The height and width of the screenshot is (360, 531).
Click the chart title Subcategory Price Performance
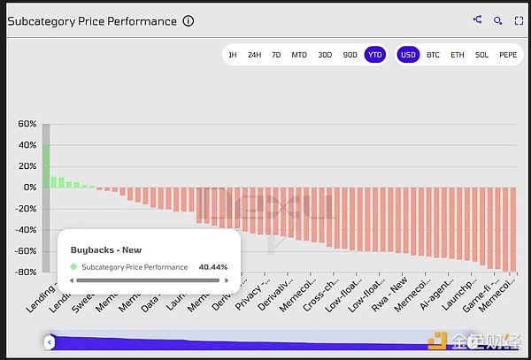(91, 21)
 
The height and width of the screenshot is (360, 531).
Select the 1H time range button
(233, 54)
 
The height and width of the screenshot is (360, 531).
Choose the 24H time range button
(254, 54)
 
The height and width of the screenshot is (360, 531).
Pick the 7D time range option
(277, 54)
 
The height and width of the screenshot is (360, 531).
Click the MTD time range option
(300, 54)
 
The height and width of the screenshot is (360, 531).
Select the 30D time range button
(326, 54)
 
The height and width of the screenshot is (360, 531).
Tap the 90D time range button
(350, 54)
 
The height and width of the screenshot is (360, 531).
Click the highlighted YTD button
(374, 54)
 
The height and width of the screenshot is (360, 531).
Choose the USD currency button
(408, 54)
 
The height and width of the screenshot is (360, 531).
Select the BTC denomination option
(433, 54)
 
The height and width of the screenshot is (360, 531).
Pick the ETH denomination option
(457, 54)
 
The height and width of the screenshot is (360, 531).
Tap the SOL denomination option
(481, 54)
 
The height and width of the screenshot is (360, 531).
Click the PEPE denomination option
(508, 54)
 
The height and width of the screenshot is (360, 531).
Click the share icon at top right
(478, 19)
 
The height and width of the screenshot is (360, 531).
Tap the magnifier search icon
(498, 19)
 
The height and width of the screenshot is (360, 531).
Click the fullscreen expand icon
(519, 19)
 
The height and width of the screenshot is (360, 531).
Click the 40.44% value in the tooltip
(212, 266)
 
